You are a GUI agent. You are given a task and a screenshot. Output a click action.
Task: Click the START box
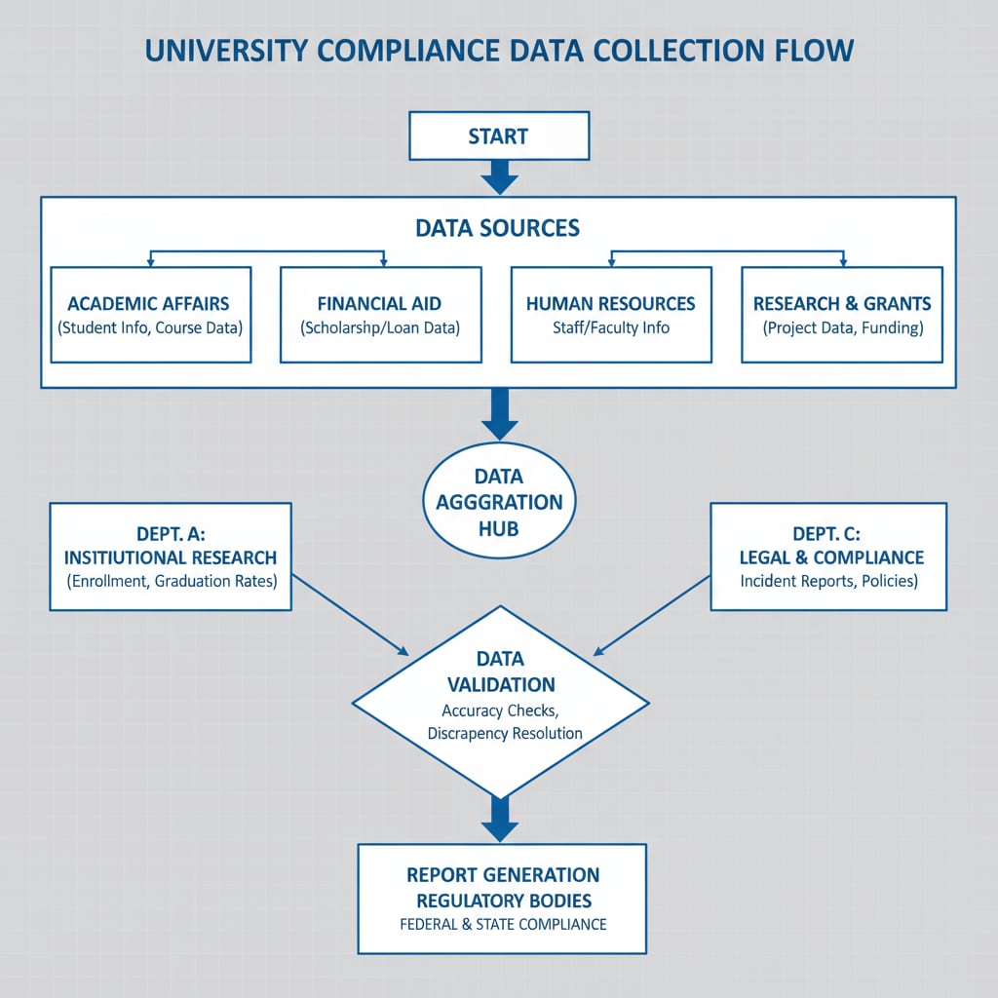[x=498, y=135]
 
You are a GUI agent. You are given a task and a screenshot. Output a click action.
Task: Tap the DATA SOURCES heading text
[x=497, y=228]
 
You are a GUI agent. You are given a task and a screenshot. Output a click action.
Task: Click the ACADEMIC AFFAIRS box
[x=150, y=315]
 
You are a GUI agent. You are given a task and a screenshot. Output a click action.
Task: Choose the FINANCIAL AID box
[x=380, y=315]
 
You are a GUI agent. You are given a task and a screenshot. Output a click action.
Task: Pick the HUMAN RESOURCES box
[x=611, y=315]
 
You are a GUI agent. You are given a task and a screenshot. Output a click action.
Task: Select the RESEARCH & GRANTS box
[x=842, y=315]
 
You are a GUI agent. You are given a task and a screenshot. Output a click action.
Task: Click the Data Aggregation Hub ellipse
[x=499, y=502]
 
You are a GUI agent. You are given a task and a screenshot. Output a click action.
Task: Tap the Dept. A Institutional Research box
[x=170, y=557]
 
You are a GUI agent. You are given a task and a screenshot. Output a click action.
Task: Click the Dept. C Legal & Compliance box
[x=828, y=557]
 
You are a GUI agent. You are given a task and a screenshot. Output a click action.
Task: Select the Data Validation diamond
[x=500, y=702]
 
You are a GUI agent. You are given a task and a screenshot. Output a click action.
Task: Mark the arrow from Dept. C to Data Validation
[x=651, y=614]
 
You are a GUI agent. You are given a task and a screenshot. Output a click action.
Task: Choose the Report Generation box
[x=501, y=898]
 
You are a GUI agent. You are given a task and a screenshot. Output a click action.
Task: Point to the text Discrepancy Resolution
[x=505, y=733]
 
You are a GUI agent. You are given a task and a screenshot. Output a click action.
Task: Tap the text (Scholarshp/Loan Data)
[x=380, y=327]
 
